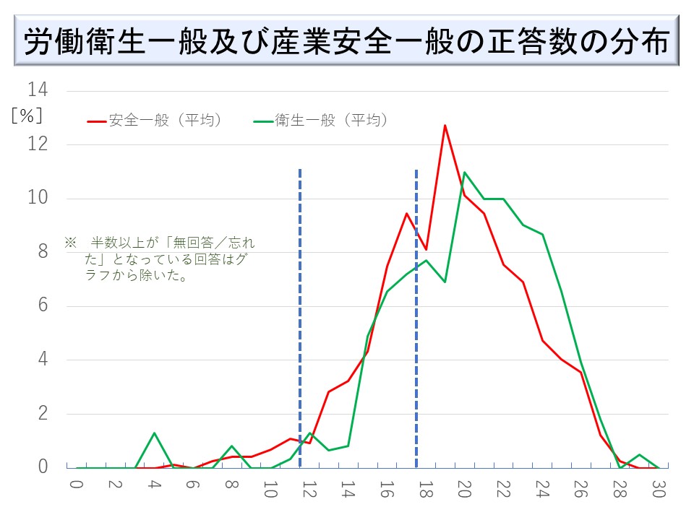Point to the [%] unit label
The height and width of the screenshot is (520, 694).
tap(27, 116)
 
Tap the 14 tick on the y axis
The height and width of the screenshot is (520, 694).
tap(38, 90)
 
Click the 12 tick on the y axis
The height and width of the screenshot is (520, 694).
tap(38, 144)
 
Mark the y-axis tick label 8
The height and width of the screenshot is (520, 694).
tap(42, 252)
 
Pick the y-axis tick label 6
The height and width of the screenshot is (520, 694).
tap(42, 305)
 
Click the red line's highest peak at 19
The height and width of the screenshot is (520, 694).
tap(445, 126)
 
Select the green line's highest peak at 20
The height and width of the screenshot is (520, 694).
tap(464, 173)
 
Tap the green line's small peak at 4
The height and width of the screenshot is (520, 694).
tap(154, 433)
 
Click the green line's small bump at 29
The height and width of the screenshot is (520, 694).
tap(638, 455)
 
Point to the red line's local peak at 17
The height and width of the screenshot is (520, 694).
tap(406, 213)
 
